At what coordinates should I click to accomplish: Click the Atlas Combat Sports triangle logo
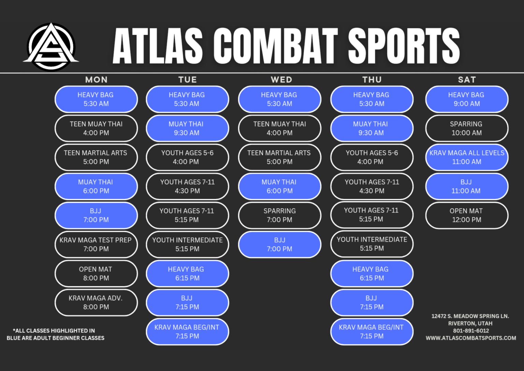[51, 46]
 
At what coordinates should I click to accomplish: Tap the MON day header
[96, 80]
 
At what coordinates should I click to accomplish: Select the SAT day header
[467, 80]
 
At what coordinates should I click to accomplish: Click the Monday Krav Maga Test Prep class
[96, 245]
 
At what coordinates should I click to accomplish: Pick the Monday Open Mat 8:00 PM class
[96, 274]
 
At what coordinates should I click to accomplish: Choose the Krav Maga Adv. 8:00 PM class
[96, 303]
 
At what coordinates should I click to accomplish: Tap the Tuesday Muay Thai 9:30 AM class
[187, 128]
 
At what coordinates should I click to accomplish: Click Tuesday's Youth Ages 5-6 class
[187, 157]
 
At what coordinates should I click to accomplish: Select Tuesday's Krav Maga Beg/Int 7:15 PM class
[187, 332]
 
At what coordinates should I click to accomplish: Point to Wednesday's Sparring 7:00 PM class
[279, 216]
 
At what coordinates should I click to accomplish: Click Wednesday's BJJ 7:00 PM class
[279, 245]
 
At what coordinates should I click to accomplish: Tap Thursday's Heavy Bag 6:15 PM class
[372, 274]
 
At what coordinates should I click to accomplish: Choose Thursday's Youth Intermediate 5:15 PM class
[372, 244]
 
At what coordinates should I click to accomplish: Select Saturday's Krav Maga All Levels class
[467, 157]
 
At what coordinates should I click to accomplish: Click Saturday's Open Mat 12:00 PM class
[467, 216]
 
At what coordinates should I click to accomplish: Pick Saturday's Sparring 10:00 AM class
[467, 128]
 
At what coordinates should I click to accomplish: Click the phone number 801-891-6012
[471, 331]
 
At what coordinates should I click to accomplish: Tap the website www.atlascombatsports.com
[471, 338]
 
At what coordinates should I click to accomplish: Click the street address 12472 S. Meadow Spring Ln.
[470, 316]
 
